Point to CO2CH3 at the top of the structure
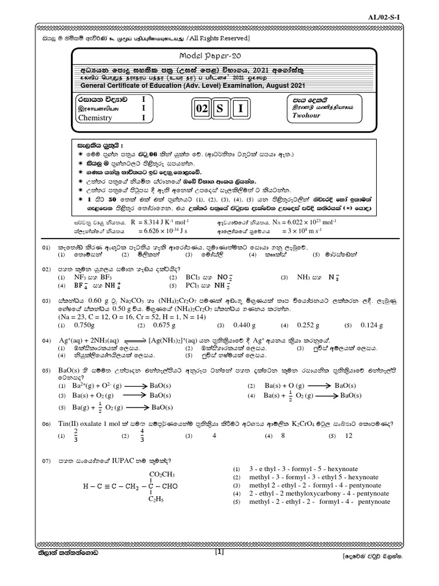coord(162,474)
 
